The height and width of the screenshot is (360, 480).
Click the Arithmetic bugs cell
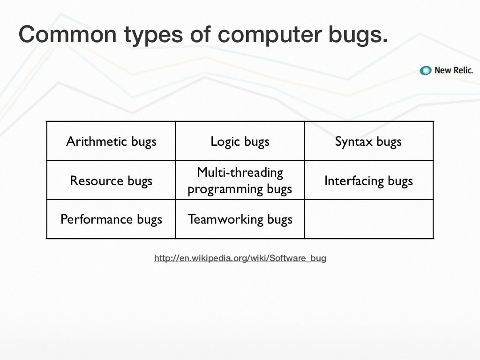(x=111, y=142)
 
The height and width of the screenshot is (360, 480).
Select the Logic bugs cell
(x=240, y=142)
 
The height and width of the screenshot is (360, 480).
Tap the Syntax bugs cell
(x=368, y=142)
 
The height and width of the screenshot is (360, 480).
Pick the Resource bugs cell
(x=111, y=180)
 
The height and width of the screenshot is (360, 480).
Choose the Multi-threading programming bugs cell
(x=240, y=180)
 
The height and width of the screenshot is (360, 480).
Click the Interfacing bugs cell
(x=368, y=180)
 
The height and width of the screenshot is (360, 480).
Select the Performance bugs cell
(x=111, y=219)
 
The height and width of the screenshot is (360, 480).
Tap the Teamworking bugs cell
(x=240, y=219)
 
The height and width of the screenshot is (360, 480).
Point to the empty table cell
(x=368, y=219)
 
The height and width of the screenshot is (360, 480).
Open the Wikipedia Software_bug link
(x=240, y=258)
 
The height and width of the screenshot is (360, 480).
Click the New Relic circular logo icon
(x=426, y=70)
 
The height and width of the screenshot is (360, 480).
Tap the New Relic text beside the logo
(x=453, y=70)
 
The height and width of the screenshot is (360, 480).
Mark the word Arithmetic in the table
(x=97, y=142)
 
